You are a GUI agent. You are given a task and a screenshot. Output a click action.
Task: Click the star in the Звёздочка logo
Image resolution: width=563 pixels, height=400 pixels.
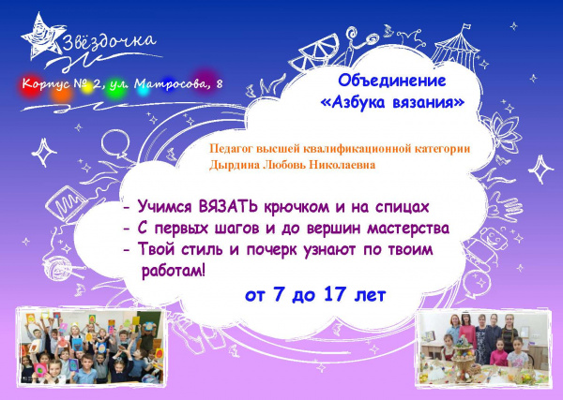click(x=42, y=37)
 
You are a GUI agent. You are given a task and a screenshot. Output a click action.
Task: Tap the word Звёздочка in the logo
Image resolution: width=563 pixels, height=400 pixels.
click(x=109, y=41)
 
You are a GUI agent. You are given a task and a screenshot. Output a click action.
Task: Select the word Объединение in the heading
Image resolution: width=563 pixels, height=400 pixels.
click(x=391, y=81)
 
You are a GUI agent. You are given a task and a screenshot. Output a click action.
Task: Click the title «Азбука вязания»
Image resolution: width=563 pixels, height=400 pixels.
click(x=392, y=102)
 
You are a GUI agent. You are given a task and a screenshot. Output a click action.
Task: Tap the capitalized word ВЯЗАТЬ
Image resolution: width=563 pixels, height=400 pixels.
click(x=228, y=207)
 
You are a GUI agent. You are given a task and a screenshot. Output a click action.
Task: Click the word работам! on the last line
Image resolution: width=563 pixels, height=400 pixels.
click(x=174, y=272)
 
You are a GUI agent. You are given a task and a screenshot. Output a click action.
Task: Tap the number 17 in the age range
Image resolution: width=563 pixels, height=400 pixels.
click(x=335, y=294)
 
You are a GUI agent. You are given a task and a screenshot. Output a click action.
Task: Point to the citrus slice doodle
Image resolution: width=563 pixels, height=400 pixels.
click(x=315, y=51)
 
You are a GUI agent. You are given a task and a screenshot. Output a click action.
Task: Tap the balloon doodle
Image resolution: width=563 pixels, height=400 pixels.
click(x=115, y=144)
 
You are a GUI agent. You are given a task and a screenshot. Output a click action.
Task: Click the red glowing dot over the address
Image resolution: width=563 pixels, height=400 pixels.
click(x=30, y=86)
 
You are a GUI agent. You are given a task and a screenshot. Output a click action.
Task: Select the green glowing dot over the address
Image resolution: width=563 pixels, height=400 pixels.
click(x=116, y=87)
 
